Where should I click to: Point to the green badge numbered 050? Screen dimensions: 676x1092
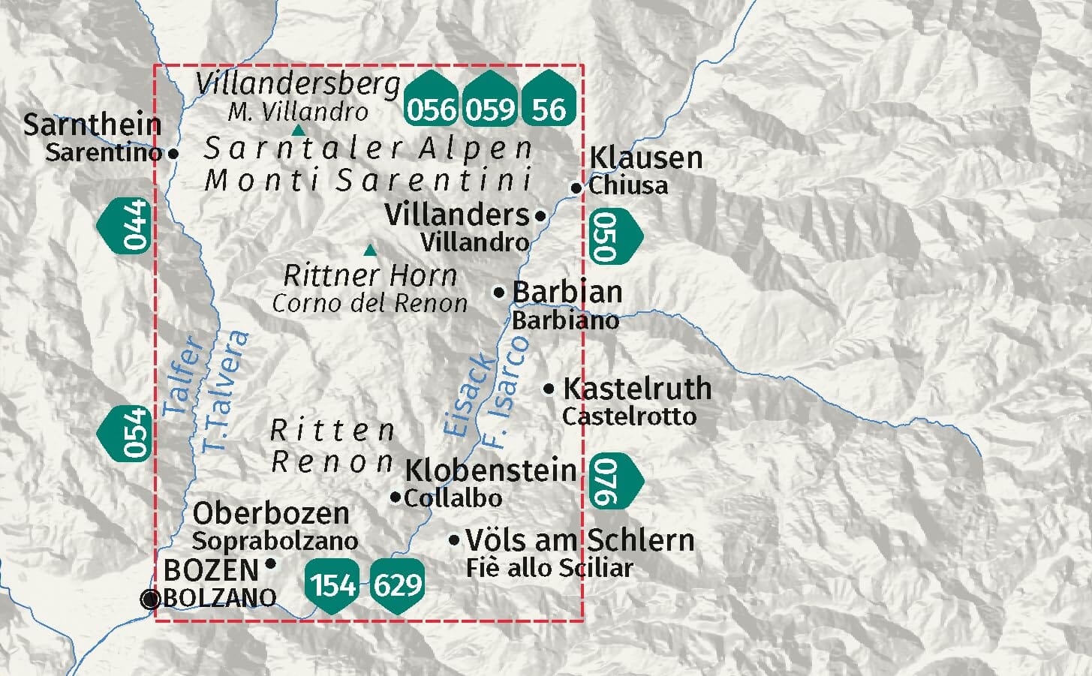[613, 236]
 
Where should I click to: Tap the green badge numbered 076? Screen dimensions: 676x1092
[613, 480]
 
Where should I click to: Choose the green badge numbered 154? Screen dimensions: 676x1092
[332, 584]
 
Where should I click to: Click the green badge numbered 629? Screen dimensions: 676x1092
[398, 584]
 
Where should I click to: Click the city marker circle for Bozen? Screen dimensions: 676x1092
[151, 599]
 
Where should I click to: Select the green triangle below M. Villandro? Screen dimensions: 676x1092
[298, 131]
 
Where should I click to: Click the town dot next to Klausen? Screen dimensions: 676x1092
[576, 188]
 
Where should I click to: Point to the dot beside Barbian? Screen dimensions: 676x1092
[499, 293]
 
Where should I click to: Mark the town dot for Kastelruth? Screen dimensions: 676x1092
[549, 389]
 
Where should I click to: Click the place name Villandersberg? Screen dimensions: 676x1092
[298, 84]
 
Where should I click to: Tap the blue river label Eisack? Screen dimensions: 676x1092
[470, 394]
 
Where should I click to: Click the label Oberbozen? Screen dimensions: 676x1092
[271, 513]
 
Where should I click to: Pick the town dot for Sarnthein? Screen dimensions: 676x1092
[173, 153]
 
